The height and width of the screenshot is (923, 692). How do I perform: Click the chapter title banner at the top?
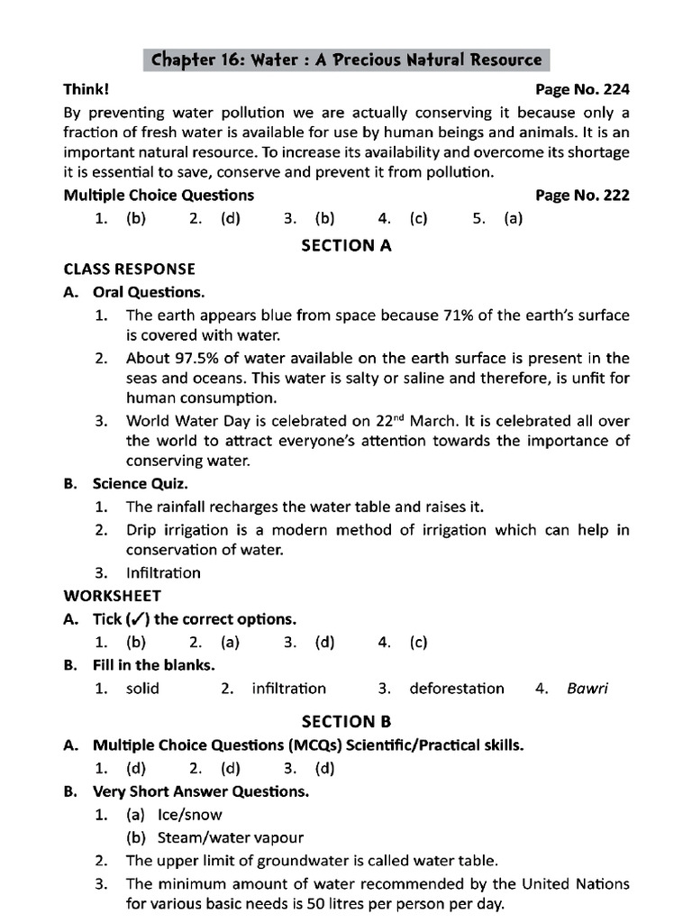click(x=347, y=60)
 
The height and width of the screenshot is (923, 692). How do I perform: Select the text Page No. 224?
click(x=582, y=90)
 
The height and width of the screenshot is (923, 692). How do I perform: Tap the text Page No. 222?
click(x=582, y=196)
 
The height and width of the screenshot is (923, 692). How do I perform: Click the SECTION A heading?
click(x=346, y=245)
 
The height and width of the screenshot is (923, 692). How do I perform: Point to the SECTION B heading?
click(x=346, y=721)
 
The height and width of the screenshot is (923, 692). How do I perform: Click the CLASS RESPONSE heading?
click(x=129, y=270)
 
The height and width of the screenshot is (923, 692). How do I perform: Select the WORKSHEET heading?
click(x=113, y=596)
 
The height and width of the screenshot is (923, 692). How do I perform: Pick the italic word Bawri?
click(x=587, y=689)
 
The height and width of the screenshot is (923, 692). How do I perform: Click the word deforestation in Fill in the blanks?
click(x=457, y=689)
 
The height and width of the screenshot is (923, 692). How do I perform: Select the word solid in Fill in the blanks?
click(x=142, y=689)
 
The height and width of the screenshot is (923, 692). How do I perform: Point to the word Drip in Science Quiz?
click(x=141, y=530)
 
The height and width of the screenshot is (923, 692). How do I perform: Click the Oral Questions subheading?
click(x=148, y=292)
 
